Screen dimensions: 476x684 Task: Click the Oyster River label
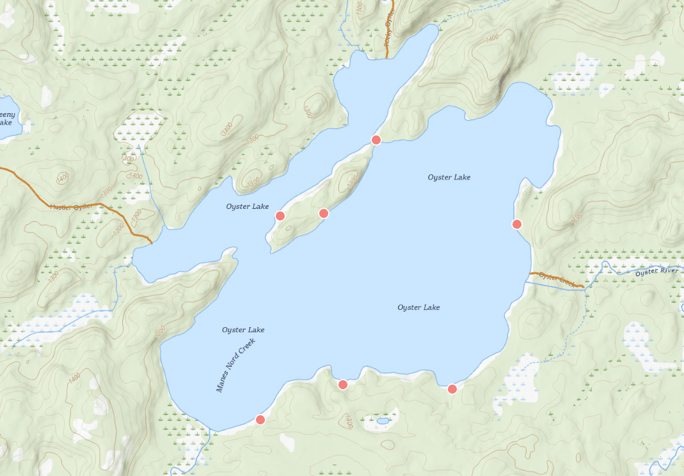pos(656,272)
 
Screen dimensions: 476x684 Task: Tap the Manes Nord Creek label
pos(235,365)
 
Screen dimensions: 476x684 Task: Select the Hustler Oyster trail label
pos(72,206)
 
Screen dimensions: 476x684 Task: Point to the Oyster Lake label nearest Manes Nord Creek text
pos(243,330)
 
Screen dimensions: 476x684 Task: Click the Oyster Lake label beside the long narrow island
pos(247,206)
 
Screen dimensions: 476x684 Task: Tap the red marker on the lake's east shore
pos(517,224)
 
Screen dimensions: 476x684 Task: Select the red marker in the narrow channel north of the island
pos(376,139)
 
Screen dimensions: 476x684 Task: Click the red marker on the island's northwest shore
pos(280,215)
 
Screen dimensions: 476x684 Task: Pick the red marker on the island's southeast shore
pos(323,213)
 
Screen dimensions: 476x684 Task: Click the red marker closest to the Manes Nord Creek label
pos(260,420)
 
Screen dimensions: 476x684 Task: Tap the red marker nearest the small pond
pos(342,384)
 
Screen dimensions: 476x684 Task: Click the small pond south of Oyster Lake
pos(383,421)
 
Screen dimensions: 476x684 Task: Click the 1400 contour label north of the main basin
pos(492,39)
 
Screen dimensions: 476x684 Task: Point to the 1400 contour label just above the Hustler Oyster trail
pos(61,177)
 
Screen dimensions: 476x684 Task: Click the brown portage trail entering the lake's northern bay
pos(388,32)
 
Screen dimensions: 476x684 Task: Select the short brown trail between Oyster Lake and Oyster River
pos(556,279)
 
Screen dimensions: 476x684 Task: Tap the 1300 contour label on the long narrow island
pos(351,183)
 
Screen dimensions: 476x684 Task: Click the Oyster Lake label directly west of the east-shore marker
pos(449,177)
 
